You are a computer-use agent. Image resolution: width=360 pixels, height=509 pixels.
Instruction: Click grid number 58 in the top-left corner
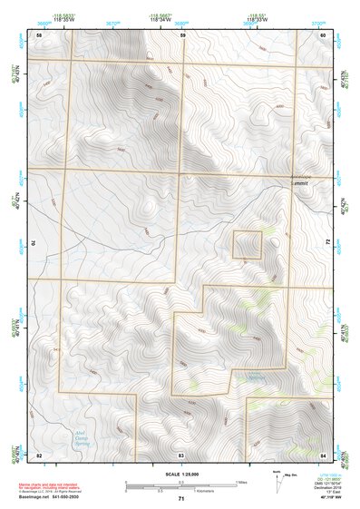click(x=39, y=34)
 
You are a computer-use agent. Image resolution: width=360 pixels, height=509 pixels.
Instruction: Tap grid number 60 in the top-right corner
click(x=323, y=34)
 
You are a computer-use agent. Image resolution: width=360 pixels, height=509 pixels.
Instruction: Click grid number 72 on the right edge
click(x=327, y=241)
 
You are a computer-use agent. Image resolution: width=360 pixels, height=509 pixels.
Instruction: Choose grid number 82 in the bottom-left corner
click(x=39, y=453)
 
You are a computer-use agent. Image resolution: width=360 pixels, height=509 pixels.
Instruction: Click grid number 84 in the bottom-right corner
click(x=323, y=453)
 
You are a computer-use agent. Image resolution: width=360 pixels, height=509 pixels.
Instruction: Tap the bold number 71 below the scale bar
click(x=181, y=500)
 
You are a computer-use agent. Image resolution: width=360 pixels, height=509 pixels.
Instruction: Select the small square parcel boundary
click(x=248, y=245)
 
